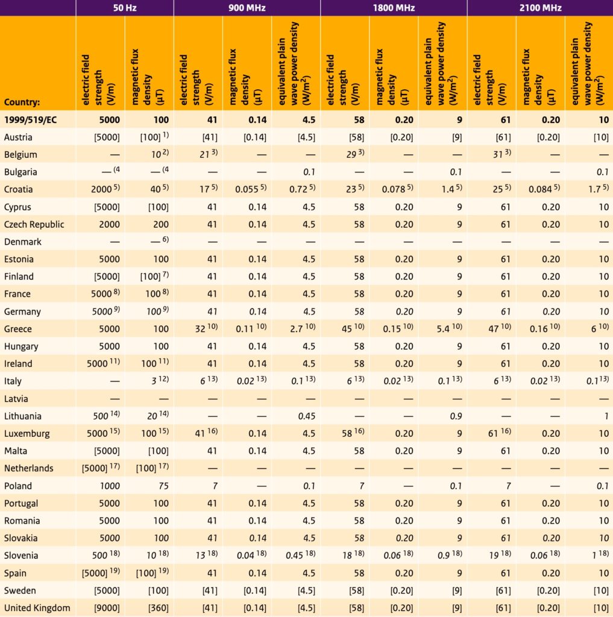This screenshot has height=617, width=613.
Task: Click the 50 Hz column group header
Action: tap(124, 8)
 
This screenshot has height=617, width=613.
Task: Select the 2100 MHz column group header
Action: tap(539, 8)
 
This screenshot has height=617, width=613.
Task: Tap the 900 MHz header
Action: tap(247, 8)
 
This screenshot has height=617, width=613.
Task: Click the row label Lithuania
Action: tap(24, 416)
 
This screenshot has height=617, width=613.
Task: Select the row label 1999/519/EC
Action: tap(30, 120)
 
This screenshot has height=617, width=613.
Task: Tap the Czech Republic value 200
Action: tap(160, 225)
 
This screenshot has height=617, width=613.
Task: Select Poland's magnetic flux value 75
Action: tap(163, 486)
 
